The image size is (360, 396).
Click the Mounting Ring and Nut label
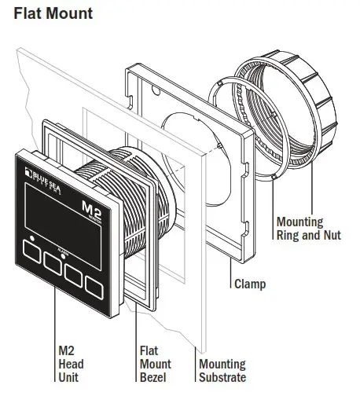[x=309, y=228]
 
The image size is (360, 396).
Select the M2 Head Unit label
[x=71, y=364]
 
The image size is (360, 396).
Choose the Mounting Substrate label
[x=222, y=370]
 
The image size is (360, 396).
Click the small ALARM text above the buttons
[x=64, y=244]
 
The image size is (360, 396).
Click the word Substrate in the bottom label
[x=222, y=376]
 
